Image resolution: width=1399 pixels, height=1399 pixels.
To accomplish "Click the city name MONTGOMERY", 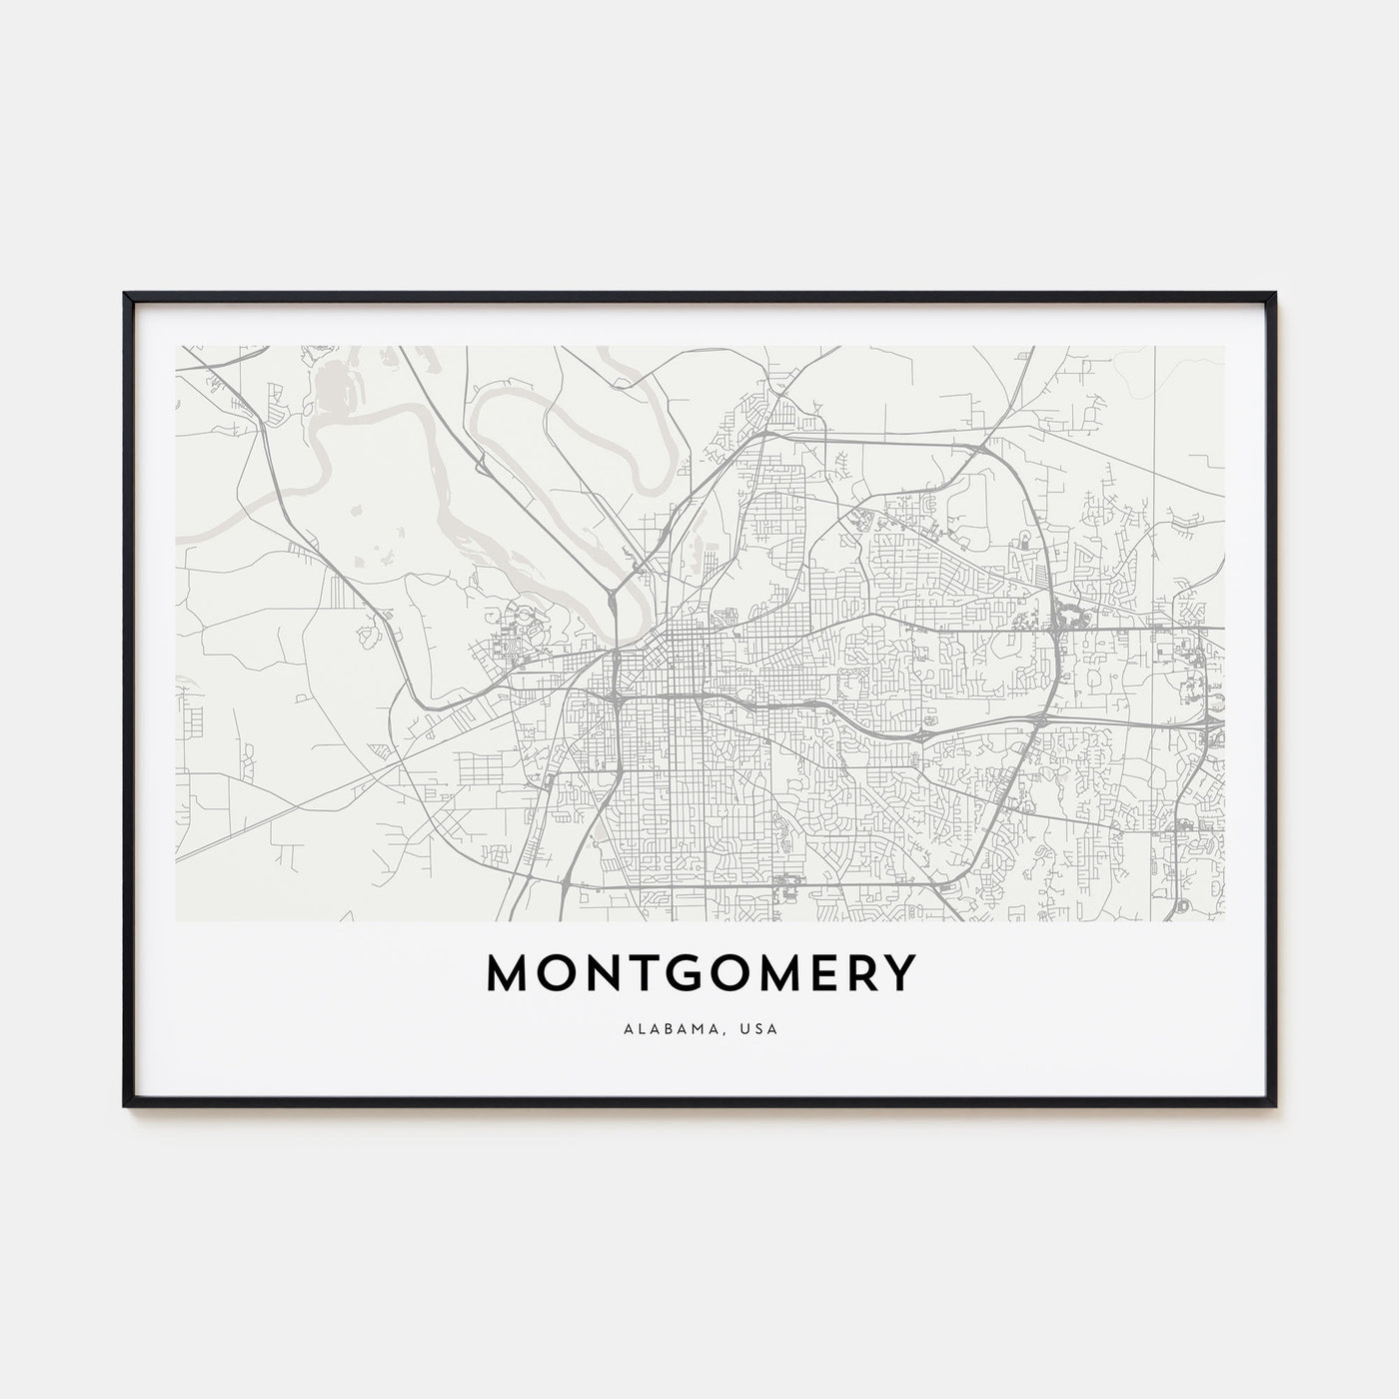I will [699, 974].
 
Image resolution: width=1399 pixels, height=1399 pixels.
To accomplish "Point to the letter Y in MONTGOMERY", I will [900, 974].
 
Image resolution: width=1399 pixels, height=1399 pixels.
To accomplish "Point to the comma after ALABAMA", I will [722, 1030].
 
